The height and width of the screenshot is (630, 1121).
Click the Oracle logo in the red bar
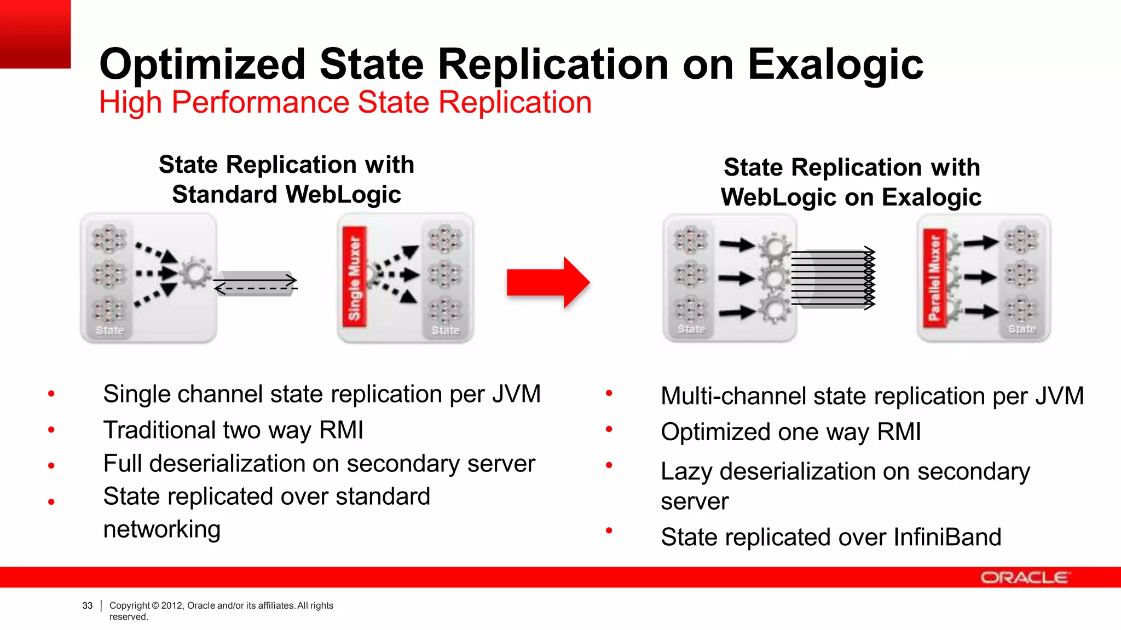pos(1023,577)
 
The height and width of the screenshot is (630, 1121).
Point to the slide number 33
pos(88,605)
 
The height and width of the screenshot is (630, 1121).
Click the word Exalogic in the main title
pos(835,65)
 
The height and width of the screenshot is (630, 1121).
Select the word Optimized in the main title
pos(202,65)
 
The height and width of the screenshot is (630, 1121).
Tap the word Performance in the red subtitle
pos(260,102)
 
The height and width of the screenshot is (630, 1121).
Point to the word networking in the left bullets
pos(162,529)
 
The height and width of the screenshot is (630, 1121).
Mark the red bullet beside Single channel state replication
pos(51,394)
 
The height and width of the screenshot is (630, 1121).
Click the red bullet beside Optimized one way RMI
pos(609,430)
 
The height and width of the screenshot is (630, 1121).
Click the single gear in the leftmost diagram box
pos(195,272)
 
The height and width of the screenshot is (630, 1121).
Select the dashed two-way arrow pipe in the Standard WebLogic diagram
pos(255,284)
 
